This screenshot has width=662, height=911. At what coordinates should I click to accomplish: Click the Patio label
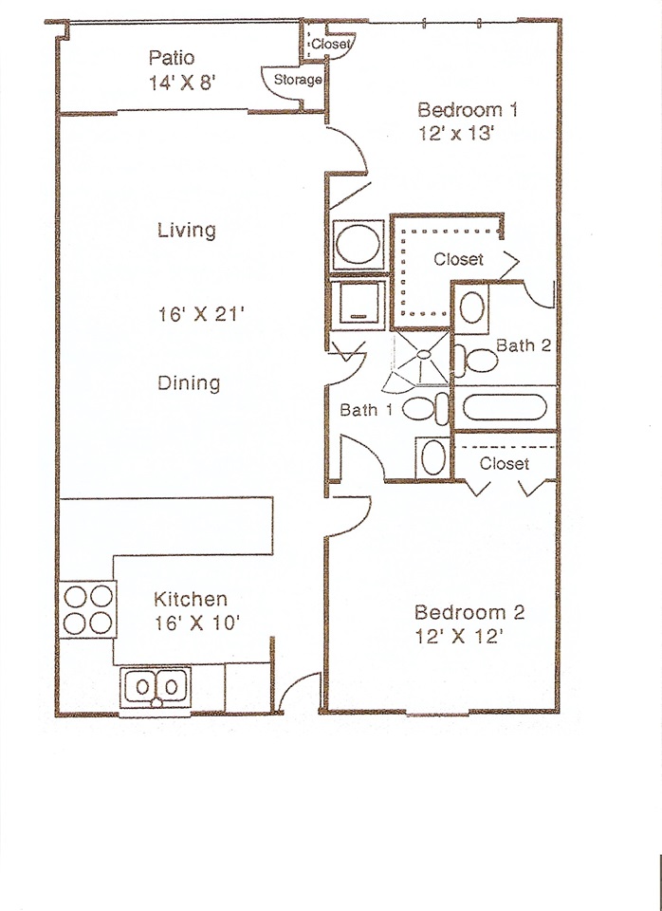(x=172, y=58)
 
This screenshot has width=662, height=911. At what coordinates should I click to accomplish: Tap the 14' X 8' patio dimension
(x=182, y=83)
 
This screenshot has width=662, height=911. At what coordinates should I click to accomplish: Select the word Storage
(x=297, y=80)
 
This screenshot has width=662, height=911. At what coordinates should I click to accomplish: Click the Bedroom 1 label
(x=468, y=110)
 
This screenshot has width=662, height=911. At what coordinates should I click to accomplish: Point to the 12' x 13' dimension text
(x=456, y=134)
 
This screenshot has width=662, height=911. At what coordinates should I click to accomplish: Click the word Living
(x=187, y=230)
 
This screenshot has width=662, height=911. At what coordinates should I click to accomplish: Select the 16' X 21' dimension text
(x=201, y=314)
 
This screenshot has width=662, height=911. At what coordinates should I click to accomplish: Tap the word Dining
(x=189, y=383)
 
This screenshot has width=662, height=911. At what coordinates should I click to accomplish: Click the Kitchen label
(x=191, y=599)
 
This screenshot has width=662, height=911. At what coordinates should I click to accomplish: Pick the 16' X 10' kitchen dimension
(x=197, y=623)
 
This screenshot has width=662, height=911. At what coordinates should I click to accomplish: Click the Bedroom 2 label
(x=469, y=612)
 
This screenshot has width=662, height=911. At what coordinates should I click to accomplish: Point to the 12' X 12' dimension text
(x=457, y=637)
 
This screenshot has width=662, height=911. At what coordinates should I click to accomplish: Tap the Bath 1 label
(x=366, y=410)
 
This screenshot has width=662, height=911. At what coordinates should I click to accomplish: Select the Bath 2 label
(x=524, y=345)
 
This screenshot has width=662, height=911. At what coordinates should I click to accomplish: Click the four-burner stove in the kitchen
(x=87, y=609)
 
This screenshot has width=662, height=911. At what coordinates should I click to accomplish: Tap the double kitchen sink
(x=156, y=688)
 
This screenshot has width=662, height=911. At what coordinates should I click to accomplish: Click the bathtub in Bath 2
(x=504, y=408)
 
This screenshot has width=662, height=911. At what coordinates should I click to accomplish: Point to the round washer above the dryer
(x=359, y=245)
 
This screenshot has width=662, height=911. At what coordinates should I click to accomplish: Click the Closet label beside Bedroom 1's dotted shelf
(x=458, y=259)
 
